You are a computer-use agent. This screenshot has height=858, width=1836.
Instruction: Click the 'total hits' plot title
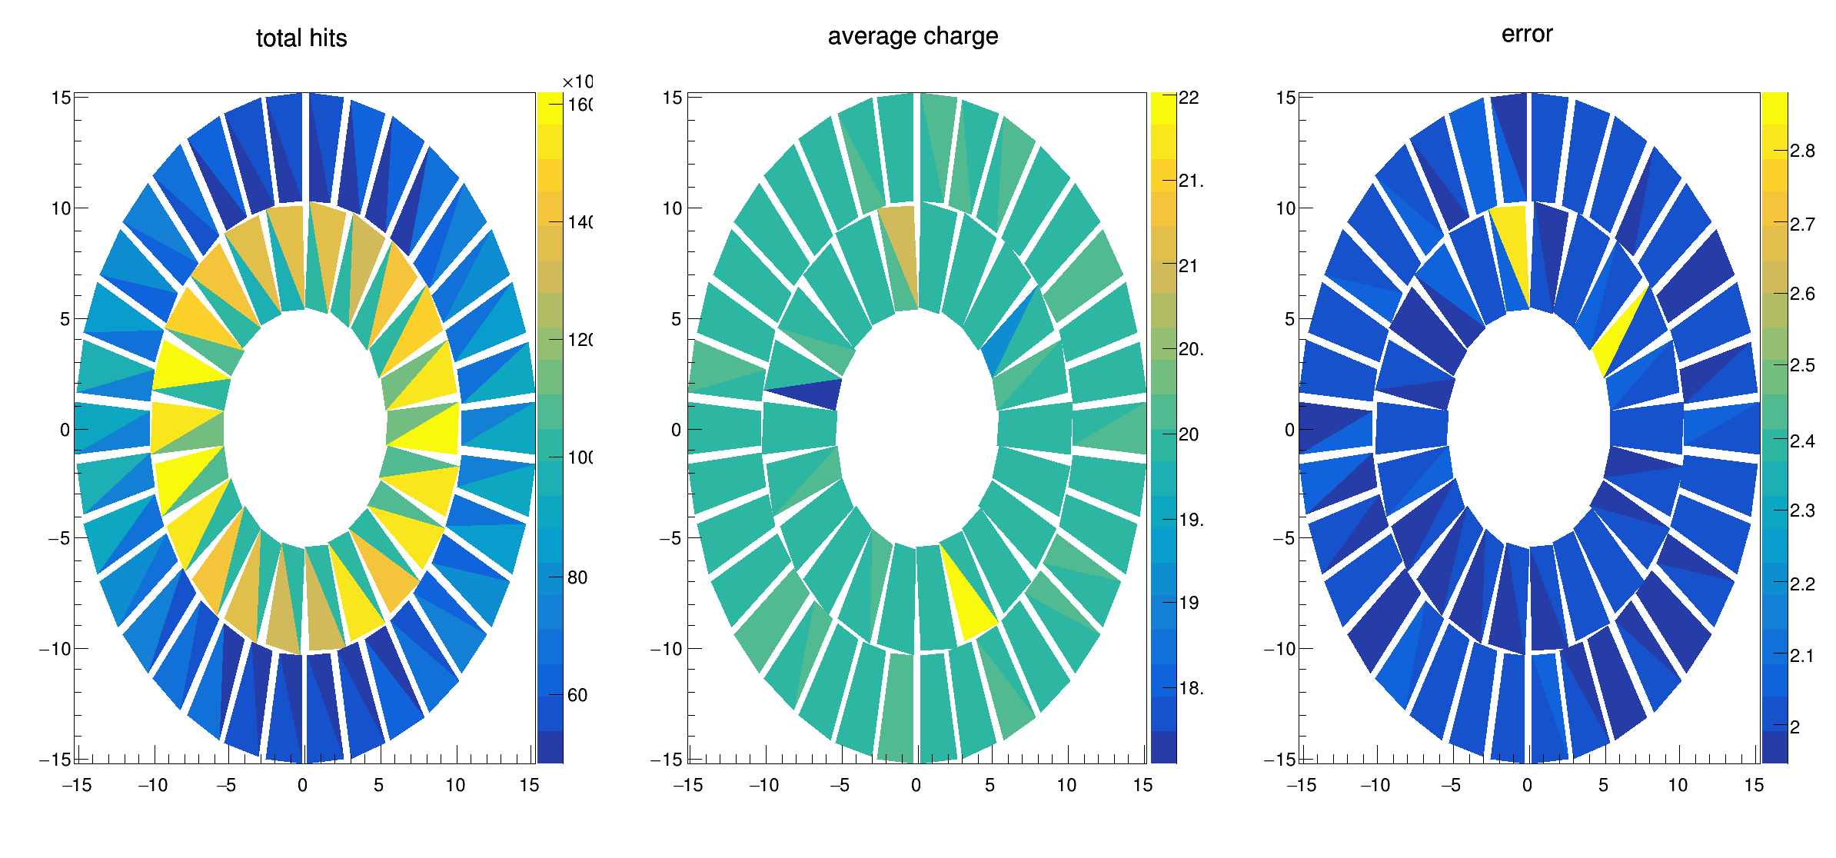coord(301,38)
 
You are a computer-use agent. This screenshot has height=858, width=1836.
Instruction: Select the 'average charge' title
coord(913,36)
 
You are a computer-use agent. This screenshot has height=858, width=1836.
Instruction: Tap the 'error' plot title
coord(1527,34)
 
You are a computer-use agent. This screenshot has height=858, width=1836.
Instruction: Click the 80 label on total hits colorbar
coord(577,577)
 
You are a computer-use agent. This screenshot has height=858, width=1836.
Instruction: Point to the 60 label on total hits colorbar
coord(577,695)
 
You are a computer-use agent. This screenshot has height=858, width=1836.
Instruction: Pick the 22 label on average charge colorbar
coord(1189,98)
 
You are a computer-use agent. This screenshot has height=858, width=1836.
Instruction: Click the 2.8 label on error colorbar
coord(1802,151)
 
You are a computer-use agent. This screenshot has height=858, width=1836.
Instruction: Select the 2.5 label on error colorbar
coord(1802,365)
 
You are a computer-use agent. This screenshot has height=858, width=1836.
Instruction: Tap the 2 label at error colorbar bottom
coord(1795,727)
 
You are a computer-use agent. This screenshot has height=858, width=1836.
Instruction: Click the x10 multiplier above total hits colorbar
coord(577,82)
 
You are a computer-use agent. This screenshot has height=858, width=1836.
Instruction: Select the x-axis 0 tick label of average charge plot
coord(916,785)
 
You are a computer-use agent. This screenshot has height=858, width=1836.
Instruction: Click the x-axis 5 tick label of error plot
coord(1603,785)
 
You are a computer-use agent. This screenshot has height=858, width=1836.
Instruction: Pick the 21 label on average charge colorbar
coord(1189,266)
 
